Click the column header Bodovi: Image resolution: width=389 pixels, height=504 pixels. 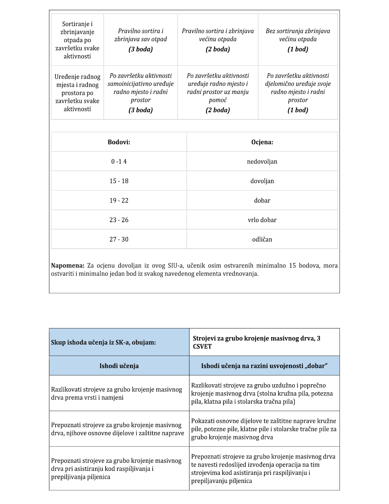point(119,142)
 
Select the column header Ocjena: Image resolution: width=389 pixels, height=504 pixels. point(262,142)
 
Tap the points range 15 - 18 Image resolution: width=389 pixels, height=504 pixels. point(119,181)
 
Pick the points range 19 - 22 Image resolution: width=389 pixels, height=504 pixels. point(119,201)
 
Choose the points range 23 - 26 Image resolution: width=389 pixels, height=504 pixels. point(119,220)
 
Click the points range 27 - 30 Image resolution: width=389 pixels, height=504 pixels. point(119,239)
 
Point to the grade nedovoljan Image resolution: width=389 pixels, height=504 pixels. point(262,162)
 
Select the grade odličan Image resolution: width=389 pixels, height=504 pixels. point(262,239)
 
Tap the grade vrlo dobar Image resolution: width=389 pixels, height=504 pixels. point(262,220)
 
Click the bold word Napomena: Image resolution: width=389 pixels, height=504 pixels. point(68,266)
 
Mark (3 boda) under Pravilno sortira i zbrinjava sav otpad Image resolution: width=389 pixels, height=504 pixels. point(141,49)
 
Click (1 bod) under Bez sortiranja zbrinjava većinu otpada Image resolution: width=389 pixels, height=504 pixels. point(298,49)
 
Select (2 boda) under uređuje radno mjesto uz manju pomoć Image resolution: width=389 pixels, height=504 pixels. point(218,110)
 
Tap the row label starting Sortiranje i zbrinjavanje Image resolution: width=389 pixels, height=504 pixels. point(77,40)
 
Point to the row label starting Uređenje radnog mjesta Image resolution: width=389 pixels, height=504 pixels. point(77,93)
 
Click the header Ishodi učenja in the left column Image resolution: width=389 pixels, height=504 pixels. point(119,366)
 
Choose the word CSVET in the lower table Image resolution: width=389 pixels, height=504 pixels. point(202,346)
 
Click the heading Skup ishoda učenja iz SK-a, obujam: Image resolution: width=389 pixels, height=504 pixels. point(103,342)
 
